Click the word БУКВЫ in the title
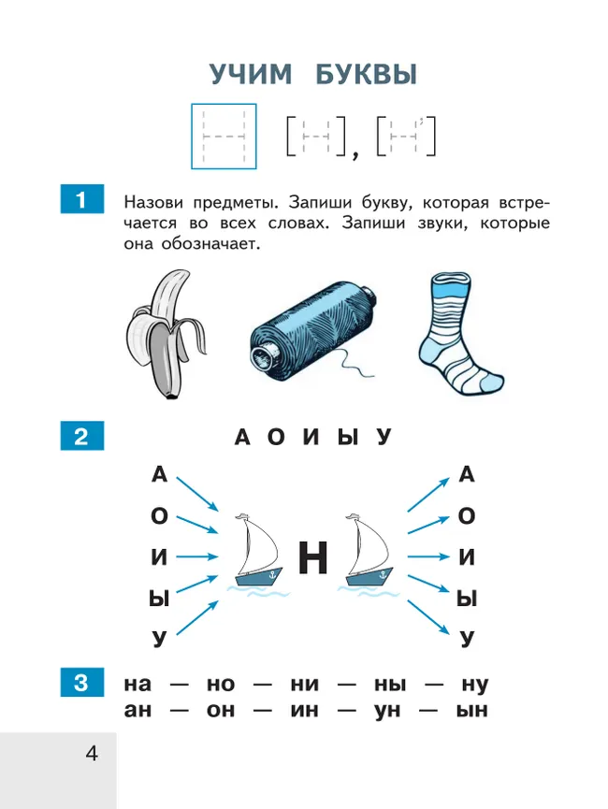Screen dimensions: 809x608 click(366, 75)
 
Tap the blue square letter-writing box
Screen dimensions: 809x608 click(224, 137)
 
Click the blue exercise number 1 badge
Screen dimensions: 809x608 click(81, 200)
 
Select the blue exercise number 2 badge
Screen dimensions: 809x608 click(81, 437)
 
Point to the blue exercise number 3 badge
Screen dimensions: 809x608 click(81, 683)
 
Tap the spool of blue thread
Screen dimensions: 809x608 click(312, 327)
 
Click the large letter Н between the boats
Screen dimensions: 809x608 click(313, 558)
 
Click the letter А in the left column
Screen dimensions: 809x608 click(159, 475)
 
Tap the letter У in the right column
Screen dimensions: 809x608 click(467, 640)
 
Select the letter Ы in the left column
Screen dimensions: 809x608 click(159, 599)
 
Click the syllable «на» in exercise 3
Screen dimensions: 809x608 click(138, 685)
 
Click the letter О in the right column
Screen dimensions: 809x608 click(467, 516)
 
